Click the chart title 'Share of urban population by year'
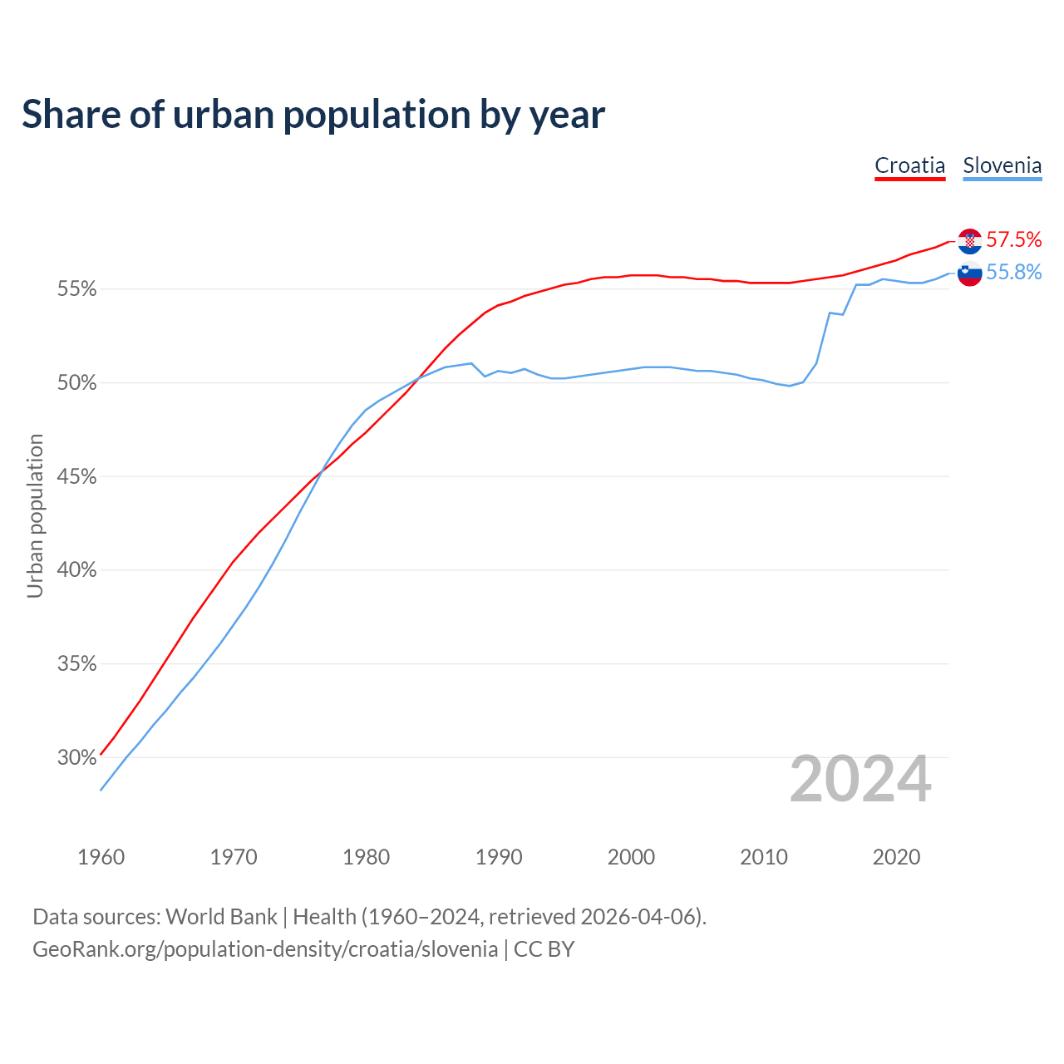point(313,115)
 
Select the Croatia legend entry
point(909,165)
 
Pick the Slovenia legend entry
point(1002,165)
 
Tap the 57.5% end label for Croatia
point(1013,240)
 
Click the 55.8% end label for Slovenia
point(1013,273)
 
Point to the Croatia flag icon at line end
point(969,241)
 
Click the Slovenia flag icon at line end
point(969,273)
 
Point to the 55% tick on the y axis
point(77,289)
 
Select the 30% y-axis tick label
point(77,757)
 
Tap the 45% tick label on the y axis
point(77,477)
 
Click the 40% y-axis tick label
point(77,570)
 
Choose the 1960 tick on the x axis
point(101,857)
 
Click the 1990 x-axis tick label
point(499,857)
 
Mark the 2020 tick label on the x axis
point(896,857)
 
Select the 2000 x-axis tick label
point(631,857)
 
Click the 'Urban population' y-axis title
point(35,515)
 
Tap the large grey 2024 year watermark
point(860,779)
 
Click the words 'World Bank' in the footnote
point(221,917)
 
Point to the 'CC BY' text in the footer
point(544,949)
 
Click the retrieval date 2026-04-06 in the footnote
point(638,917)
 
